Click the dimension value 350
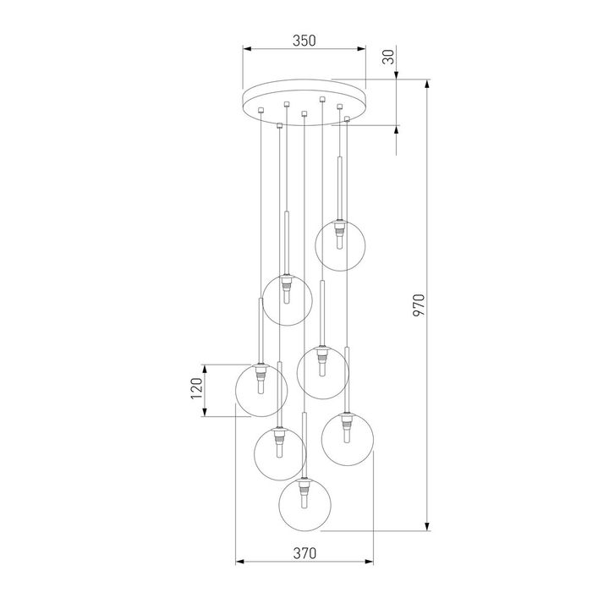click(304, 40)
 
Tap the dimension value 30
click(388, 58)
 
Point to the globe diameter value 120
click(195, 390)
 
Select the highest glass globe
click(340, 244)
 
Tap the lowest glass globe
click(304, 505)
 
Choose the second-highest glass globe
click(287, 299)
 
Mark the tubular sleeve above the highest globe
click(340, 186)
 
